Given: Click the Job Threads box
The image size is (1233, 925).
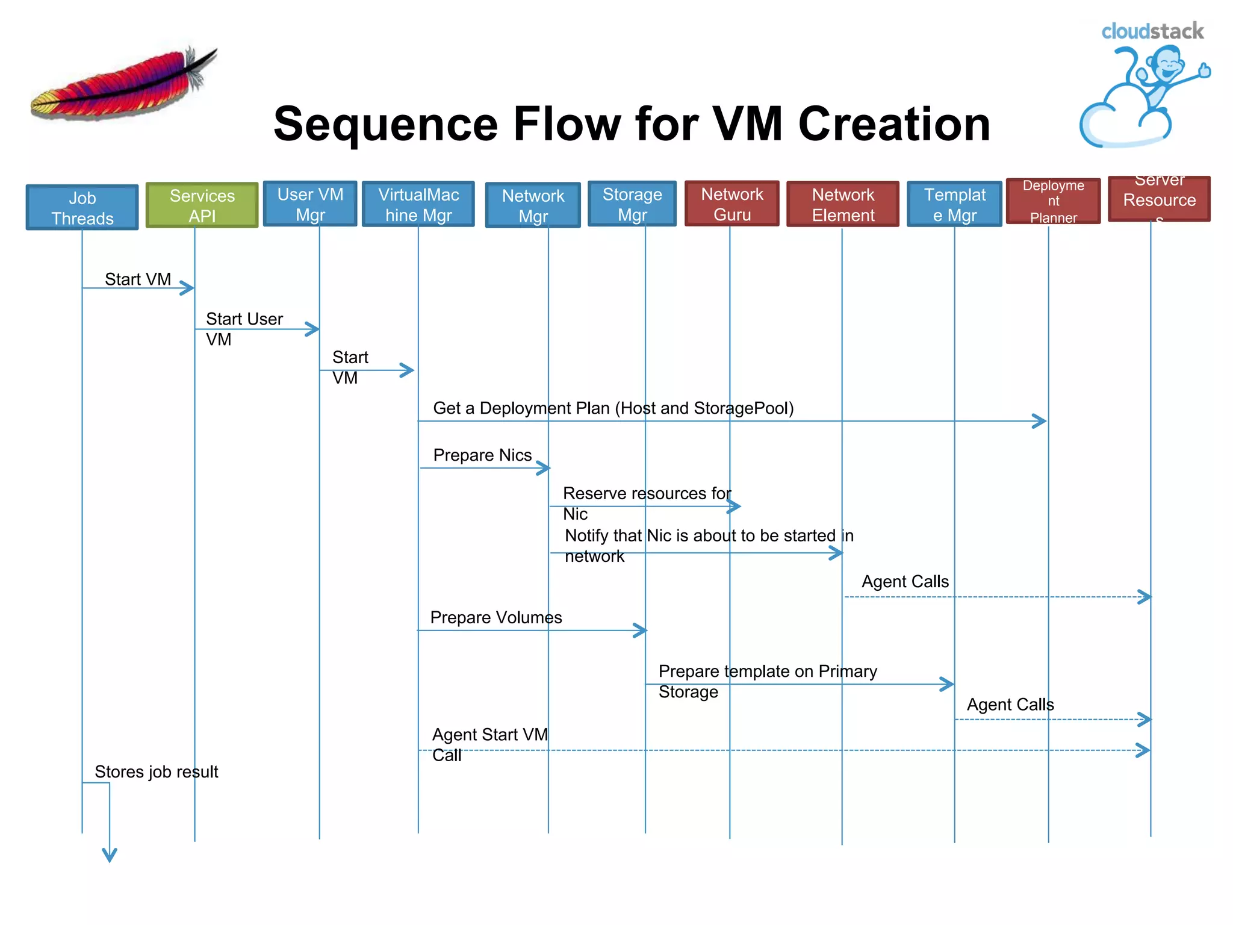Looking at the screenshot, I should tap(82, 207).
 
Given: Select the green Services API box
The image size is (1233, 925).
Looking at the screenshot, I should tap(202, 205).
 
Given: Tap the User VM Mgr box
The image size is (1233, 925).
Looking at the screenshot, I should tap(310, 204).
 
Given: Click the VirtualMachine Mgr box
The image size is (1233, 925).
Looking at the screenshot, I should tap(418, 205).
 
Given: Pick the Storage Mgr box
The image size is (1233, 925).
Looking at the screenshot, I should tap(632, 204).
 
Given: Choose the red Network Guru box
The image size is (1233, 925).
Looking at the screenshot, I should tap(732, 204).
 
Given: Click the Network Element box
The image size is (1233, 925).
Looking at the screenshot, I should tap(843, 205).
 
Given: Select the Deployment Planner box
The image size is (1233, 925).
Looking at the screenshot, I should tap(1053, 201).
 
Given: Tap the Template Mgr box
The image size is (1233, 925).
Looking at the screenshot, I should tap(955, 205).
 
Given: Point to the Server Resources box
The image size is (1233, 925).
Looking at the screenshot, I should tap(1159, 199).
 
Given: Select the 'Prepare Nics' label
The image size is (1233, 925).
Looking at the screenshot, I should tap(482, 455).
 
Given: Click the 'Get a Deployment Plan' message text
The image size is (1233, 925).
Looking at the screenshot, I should tap(613, 408).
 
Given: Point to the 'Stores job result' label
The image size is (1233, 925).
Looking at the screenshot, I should tap(156, 772).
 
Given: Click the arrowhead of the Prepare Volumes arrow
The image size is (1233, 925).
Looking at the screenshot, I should tap(641, 631).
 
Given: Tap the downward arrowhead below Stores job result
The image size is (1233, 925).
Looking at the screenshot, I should tap(110, 855).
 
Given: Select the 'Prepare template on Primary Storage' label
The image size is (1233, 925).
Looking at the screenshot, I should tap(767, 681).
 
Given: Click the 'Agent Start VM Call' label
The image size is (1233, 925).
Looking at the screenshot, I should tap(489, 744).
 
